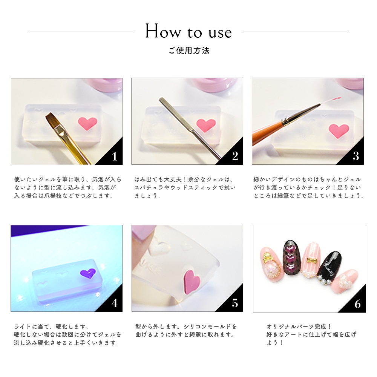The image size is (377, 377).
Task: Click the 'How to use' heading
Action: tap(188, 31)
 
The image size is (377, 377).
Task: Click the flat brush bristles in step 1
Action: tap(54, 120)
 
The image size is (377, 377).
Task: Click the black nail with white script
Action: tap(328, 267)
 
